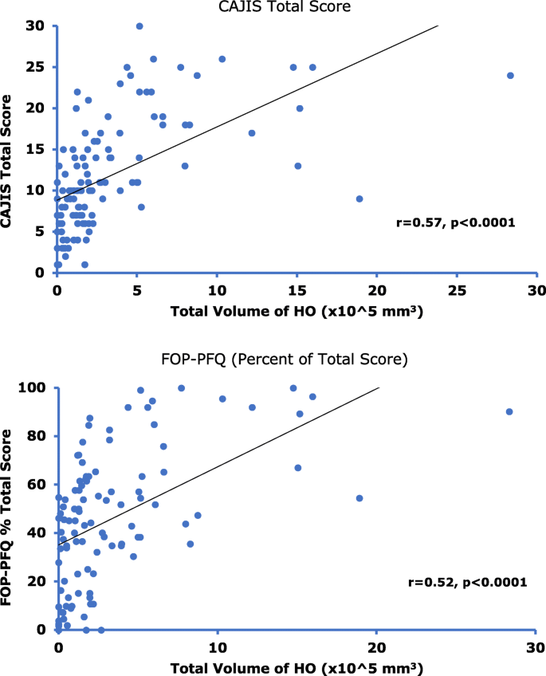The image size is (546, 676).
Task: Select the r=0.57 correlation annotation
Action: coord(456,223)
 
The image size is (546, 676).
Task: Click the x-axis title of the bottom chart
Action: coord(297,665)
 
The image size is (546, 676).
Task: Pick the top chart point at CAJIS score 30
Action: coord(139,26)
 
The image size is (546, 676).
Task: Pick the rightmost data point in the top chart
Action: coord(510,76)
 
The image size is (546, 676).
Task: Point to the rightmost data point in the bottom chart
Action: coord(509,412)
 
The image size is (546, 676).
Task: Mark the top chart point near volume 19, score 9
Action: coord(359,198)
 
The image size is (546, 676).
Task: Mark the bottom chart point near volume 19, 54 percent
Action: coord(359,498)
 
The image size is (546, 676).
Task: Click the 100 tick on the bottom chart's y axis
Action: coord(37,388)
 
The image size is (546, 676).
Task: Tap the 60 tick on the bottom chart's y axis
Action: coord(40,485)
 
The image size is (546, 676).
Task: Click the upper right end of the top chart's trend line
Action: coord(438,26)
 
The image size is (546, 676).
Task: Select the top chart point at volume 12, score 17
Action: coord(252,133)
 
